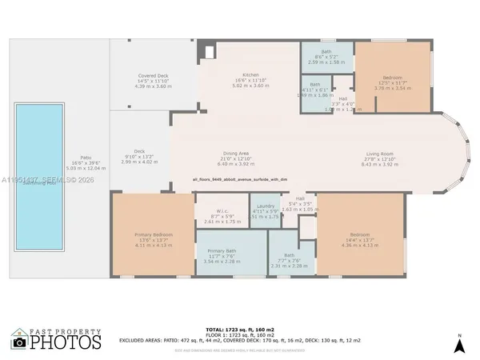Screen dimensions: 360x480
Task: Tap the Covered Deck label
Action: [151, 75]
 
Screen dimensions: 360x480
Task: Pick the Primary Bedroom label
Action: [153, 233]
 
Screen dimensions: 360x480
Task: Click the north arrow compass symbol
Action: [458, 344]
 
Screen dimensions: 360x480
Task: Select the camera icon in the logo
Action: [20, 342]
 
